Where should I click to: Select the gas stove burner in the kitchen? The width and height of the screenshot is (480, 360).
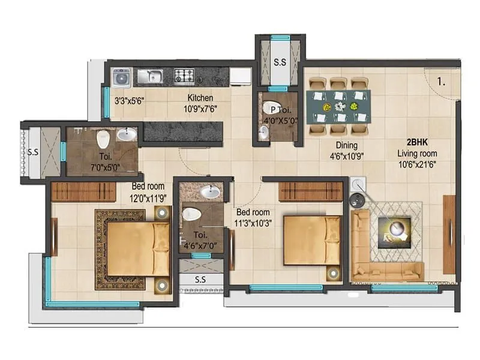click(184, 76)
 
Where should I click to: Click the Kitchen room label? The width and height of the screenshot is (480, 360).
click(200, 98)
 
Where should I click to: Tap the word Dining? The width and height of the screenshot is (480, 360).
click(347, 145)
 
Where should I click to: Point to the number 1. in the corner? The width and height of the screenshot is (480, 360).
click(441, 82)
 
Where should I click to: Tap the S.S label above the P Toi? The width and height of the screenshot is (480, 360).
click(280, 62)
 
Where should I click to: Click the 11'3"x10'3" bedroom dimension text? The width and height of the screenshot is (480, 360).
click(253, 223)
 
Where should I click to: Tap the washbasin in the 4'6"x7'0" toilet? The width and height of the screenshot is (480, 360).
click(210, 192)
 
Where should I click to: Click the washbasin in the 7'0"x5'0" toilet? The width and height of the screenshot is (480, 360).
click(126, 134)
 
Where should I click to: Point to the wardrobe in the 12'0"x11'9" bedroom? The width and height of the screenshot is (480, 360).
click(83, 192)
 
